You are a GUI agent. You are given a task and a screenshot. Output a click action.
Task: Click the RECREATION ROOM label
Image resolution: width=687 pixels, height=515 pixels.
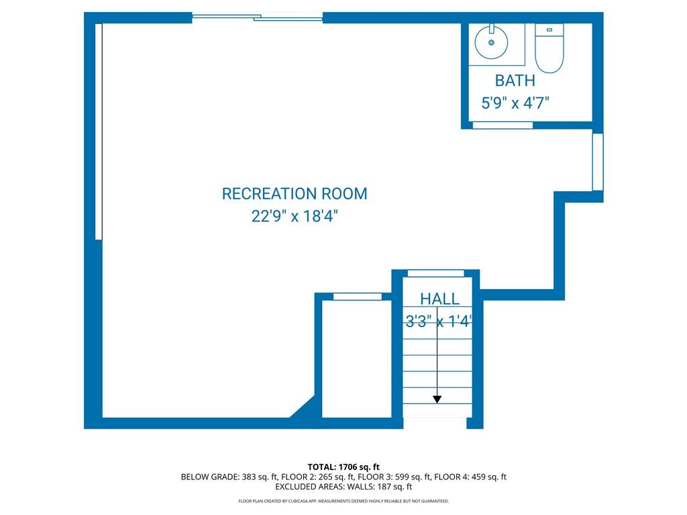[295, 194]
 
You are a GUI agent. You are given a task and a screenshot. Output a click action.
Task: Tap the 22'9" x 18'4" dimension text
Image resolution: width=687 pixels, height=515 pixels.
[295, 216]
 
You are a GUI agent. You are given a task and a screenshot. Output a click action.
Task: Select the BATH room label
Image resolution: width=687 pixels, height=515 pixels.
[515, 80]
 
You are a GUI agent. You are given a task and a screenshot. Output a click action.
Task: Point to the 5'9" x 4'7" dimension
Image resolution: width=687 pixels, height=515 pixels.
[515, 103]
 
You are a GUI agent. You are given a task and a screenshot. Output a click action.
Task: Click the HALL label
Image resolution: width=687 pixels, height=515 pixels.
[439, 299]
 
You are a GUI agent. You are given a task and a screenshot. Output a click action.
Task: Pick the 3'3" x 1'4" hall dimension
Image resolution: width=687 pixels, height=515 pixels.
[438, 322]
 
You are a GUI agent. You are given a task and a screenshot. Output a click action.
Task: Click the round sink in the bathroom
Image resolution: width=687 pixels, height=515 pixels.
[491, 42]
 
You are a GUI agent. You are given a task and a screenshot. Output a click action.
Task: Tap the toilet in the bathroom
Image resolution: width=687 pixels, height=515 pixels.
[549, 48]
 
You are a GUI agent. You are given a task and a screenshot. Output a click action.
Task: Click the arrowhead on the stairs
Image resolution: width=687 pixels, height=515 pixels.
[437, 400]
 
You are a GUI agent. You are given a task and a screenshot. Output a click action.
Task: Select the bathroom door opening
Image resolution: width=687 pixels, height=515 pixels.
[503, 125]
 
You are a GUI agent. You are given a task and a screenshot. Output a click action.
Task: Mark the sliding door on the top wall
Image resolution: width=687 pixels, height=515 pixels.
[258, 17]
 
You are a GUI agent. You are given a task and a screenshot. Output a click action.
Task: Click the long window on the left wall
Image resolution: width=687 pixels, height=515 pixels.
[99, 131]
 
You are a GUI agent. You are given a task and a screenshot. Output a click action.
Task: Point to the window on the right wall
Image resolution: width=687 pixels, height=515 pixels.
[598, 162]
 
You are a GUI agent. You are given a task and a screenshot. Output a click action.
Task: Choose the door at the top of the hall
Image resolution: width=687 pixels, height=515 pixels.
[436, 274]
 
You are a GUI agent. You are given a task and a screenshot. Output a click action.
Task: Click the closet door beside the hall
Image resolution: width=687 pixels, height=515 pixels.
[358, 297]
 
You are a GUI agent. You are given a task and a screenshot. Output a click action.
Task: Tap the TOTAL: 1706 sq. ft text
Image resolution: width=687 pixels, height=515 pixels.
[343, 467]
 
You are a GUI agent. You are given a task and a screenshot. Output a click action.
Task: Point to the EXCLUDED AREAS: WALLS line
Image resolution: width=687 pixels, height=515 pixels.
[343, 487]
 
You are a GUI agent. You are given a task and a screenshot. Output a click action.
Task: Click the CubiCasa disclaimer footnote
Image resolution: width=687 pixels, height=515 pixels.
[343, 501]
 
